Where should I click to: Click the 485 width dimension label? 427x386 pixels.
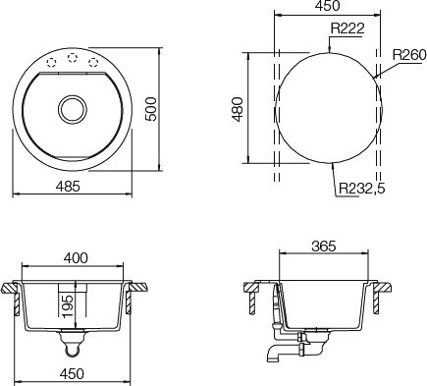click(x=68, y=187)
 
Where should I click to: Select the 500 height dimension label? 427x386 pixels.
click(x=151, y=109)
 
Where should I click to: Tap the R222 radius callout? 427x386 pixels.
click(x=347, y=28)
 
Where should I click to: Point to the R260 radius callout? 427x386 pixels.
click(x=409, y=55)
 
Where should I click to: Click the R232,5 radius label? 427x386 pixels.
click(x=361, y=189)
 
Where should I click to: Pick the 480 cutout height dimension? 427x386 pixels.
click(x=238, y=109)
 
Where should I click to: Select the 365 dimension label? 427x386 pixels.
click(x=324, y=247)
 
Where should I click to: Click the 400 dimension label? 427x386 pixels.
click(x=76, y=258)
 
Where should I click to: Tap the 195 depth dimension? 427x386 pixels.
click(x=68, y=306)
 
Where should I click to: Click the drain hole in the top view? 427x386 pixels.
click(x=73, y=109)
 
